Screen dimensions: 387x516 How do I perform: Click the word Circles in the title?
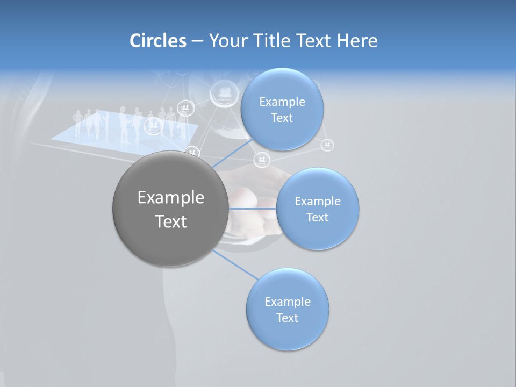158,41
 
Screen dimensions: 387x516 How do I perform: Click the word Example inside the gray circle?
170,198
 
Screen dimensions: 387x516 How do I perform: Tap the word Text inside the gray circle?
170,221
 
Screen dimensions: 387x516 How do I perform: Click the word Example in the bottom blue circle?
287,302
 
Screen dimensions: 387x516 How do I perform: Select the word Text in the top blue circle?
282,118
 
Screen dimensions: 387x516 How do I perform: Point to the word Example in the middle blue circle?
317,202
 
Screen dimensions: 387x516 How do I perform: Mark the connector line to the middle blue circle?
252,208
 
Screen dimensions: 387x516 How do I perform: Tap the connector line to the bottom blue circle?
235,265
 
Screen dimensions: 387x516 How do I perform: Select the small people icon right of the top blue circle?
327,145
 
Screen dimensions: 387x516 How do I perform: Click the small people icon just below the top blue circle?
262,160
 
